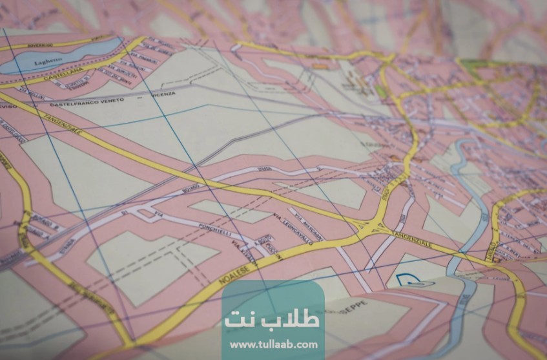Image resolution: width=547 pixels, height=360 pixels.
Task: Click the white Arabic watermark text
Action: [x=272, y=319]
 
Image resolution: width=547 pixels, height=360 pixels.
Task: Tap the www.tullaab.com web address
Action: [x=273, y=344]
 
